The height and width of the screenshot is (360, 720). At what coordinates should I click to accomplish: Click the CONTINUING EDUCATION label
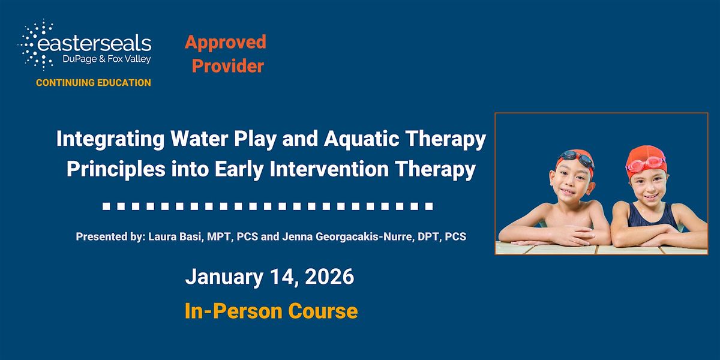tap(94, 83)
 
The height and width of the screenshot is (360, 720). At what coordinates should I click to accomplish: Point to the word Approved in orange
tap(225, 42)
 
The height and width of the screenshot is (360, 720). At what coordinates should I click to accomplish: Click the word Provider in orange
tap(227, 66)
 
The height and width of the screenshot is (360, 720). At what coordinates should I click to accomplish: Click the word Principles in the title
tap(112, 170)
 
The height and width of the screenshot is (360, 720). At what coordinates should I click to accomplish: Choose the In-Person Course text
tap(271, 311)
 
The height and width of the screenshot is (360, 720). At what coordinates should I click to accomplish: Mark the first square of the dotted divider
tap(106, 207)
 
